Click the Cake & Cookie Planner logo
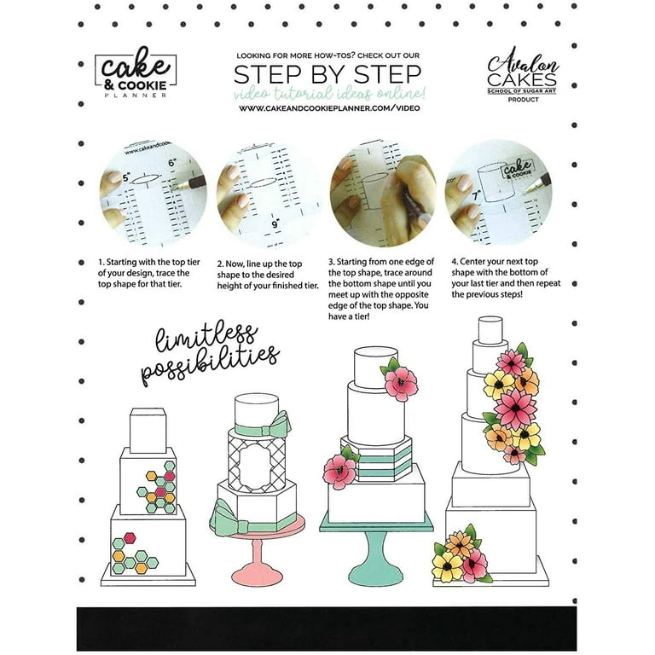[x=136, y=72]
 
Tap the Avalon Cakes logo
[x=522, y=74]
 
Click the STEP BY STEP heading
[x=327, y=74]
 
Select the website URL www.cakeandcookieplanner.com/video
[x=329, y=107]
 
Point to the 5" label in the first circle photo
[x=126, y=178]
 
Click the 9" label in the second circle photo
[x=275, y=224]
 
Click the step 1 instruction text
[x=149, y=273]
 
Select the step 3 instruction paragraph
[x=381, y=289]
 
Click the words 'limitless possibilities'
[x=210, y=353]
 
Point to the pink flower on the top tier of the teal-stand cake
[x=401, y=383]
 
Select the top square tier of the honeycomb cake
[x=148, y=431]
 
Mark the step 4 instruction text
[x=506, y=278]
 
